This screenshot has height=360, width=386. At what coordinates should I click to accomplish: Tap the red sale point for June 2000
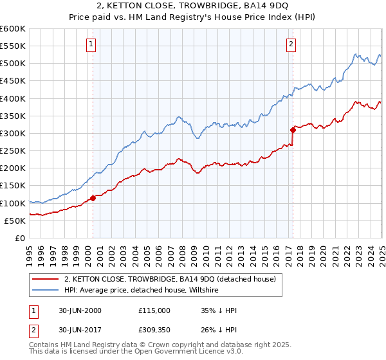pyautogui.click(x=93, y=198)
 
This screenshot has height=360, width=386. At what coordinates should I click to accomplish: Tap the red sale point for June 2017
pyautogui.click(x=293, y=130)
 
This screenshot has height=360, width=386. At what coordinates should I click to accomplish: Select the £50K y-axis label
pyautogui.click(x=15, y=221)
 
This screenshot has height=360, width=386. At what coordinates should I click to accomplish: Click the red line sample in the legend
pyautogui.click(x=46, y=279)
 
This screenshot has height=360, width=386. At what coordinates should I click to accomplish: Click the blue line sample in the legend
pyautogui.click(x=46, y=290)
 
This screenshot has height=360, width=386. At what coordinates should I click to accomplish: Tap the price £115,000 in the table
pyautogui.click(x=154, y=310)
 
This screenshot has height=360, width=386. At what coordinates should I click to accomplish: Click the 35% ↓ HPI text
pyautogui.click(x=219, y=310)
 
